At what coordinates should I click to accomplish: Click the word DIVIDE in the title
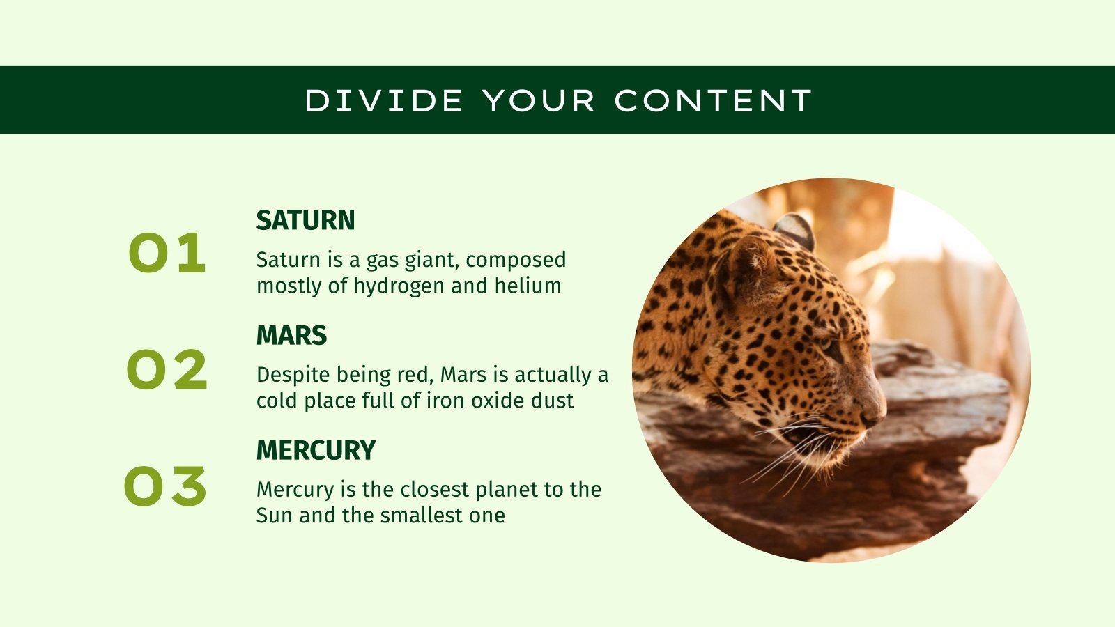tap(384, 101)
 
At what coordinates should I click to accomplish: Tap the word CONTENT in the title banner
tap(713, 101)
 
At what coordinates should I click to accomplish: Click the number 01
tap(167, 254)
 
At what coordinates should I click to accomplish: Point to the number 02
tap(167, 369)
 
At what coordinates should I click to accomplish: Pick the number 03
tap(166, 486)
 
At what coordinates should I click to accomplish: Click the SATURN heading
tap(305, 221)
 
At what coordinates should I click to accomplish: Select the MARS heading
tap(291, 336)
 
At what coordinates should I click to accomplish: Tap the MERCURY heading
tap(316, 451)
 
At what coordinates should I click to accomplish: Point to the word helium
tap(528, 286)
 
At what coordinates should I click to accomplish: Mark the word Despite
tap(293, 376)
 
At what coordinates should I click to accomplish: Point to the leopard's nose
tap(872, 416)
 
